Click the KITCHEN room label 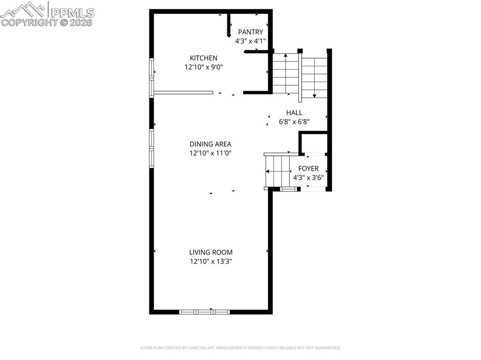(x=203, y=58)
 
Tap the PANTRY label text (x=250, y=32)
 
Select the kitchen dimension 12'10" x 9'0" (x=203, y=67)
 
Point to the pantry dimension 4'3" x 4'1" (x=250, y=41)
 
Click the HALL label (x=294, y=113)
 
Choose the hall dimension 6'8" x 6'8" (x=294, y=122)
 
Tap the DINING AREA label (x=210, y=144)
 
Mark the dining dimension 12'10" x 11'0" (x=210, y=153)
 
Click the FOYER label (x=308, y=169)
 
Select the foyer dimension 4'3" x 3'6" (x=308, y=177)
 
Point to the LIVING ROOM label (x=211, y=253)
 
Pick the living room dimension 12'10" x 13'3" (x=211, y=261)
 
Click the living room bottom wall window (x=204, y=312)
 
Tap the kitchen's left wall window (x=152, y=77)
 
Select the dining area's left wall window (x=152, y=148)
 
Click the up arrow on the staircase (x=286, y=74)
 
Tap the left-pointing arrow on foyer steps (x=278, y=171)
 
